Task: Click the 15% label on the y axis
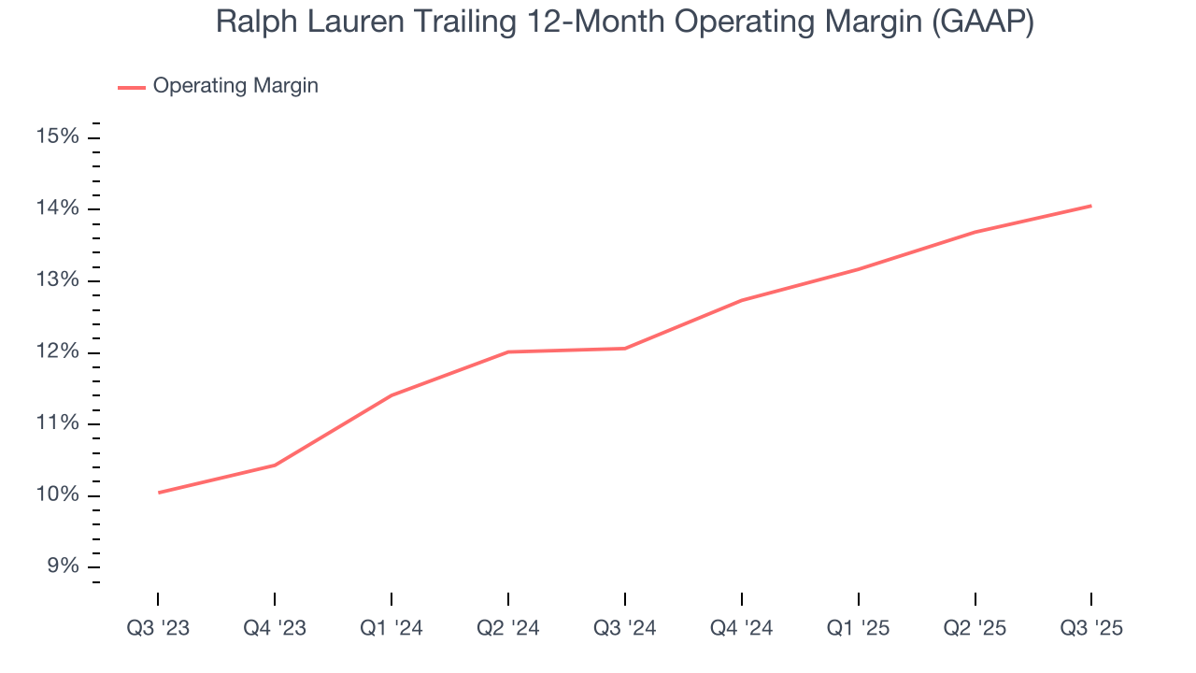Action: point(57,137)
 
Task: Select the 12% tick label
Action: point(57,352)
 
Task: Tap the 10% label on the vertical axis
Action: point(57,495)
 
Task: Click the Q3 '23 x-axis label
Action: point(158,628)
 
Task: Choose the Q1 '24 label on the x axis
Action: point(392,628)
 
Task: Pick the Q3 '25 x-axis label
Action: point(1091,628)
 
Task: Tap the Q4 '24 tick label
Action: point(742,628)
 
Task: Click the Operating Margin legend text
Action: point(235,86)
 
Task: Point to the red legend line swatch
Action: point(131,87)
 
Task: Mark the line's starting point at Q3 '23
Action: point(159,493)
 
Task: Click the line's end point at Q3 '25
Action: point(1091,206)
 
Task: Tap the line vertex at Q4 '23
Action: point(275,465)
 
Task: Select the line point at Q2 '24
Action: point(508,351)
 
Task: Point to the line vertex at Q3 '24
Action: point(625,349)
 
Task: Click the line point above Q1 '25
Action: point(858,269)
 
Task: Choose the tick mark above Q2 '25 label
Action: point(975,598)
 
